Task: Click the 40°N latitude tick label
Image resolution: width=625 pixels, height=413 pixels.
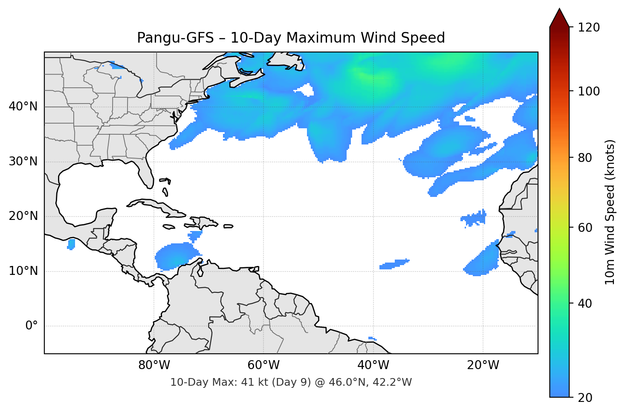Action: pos(23,107)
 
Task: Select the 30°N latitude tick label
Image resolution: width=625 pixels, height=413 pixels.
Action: pos(23,162)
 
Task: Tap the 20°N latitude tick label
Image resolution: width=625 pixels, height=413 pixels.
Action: pos(23,216)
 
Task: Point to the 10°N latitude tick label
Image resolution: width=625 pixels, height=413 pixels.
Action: pos(23,271)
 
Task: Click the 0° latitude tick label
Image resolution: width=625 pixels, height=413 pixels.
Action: pos(32,326)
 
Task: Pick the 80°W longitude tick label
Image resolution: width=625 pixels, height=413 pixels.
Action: pos(154,365)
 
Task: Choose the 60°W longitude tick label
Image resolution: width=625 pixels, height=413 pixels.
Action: pos(263,365)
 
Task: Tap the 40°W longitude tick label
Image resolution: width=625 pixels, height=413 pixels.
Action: pos(373,365)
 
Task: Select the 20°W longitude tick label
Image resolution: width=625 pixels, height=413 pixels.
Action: pos(483,365)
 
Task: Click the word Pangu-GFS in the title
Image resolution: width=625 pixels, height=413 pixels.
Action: pos(175,38)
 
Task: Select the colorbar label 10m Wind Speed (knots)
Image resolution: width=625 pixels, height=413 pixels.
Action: pos(610,212)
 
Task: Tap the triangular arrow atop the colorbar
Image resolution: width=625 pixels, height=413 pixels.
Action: pos(559,18)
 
